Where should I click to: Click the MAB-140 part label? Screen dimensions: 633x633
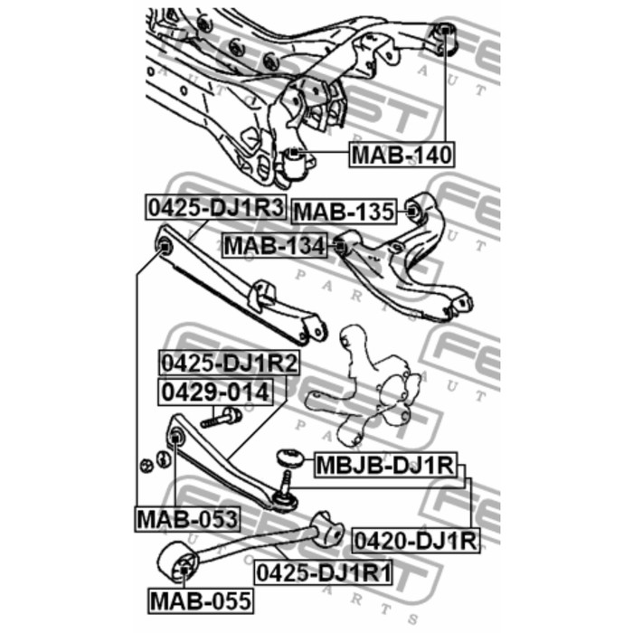point(402,155)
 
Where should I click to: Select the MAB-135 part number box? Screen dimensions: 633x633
point(344,211)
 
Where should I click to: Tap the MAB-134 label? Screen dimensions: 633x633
point(275,245)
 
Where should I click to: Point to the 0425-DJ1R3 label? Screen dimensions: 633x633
point(216,207)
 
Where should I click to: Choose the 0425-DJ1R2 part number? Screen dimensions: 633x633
point(230,363)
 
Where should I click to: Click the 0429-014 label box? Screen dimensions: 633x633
point(215,392)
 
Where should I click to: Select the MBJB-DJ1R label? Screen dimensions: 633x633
point(386,465)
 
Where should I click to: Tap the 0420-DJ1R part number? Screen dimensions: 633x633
point(416,540)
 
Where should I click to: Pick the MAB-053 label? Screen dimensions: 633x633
point(188,519)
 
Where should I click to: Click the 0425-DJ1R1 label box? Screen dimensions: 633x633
point(323,572)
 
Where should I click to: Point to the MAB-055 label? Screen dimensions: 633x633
point(201,600)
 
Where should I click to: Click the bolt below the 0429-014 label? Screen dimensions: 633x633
point(221,418)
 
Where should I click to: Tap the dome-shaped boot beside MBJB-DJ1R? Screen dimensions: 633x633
point(290,458)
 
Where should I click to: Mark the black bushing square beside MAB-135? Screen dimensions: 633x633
point(411,211)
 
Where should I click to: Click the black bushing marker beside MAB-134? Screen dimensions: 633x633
point(340,245)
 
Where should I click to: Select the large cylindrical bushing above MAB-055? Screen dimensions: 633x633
point(178,562)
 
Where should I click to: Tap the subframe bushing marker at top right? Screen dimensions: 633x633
point(445,31)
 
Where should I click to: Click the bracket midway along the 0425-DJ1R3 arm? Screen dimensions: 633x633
point(262,296)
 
